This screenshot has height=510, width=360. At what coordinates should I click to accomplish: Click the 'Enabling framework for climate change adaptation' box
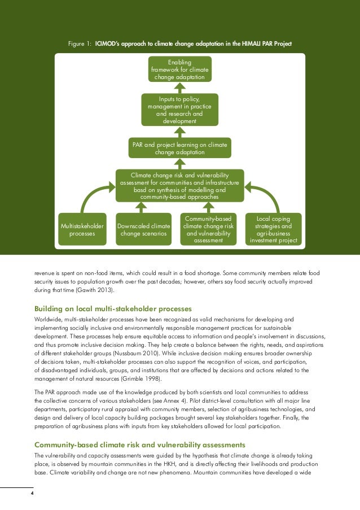[x=179, y=69]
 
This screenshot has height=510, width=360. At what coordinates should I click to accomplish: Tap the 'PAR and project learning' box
[x=179, y=149]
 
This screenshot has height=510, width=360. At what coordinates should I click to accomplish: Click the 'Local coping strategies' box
[x=274, y=229]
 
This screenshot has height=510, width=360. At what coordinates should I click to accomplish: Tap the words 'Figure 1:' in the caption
[x=79, y=44]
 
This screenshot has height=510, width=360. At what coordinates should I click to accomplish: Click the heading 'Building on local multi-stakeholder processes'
[x=113, y=309]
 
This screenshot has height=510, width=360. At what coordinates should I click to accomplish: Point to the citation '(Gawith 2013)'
[x=94, y=290]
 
